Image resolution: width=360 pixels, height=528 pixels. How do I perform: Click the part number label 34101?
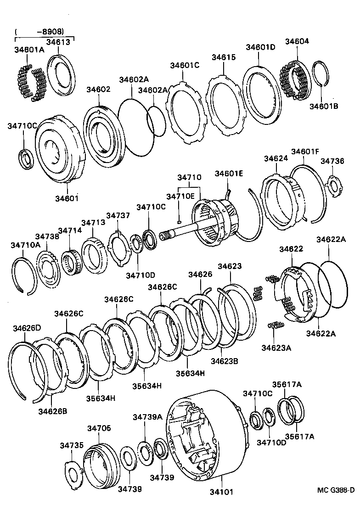click(222, 492)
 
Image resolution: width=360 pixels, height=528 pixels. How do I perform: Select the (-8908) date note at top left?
click(39, 32)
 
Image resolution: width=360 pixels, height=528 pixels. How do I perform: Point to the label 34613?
click(58, 42)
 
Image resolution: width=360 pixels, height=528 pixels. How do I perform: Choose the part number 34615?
click(224, 57)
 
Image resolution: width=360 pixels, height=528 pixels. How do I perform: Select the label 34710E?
click(181, 197)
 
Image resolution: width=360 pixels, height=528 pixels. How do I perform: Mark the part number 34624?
click(276, 158)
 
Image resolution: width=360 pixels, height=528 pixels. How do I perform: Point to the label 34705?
click(99, 428)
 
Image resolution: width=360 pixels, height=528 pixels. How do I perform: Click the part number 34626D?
click(27, 328)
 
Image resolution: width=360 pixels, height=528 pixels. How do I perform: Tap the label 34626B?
click(52, 411)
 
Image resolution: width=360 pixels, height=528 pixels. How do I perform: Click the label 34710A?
click(25, 246)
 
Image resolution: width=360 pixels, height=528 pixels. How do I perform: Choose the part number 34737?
click(118, 216)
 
